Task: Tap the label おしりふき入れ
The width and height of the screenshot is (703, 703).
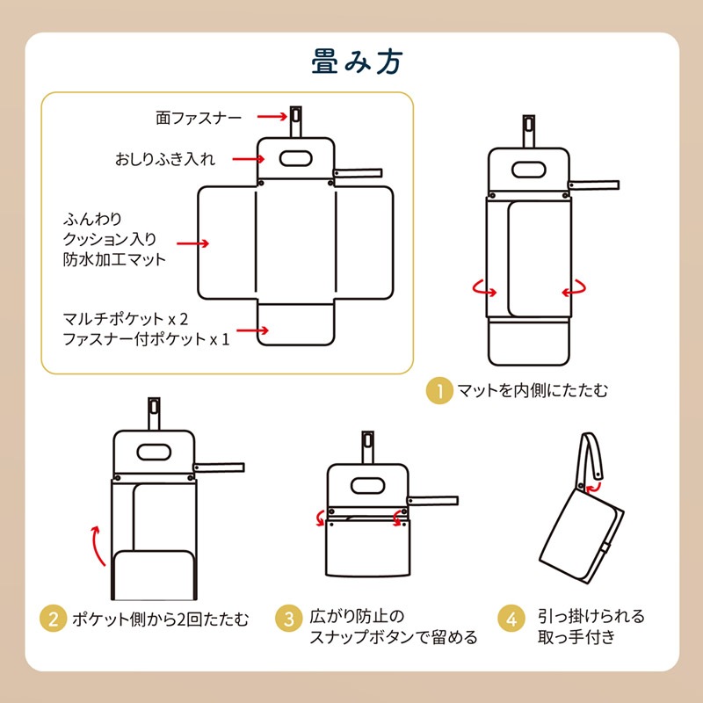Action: coord(165,160)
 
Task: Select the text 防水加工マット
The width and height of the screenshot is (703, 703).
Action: coord(114,259)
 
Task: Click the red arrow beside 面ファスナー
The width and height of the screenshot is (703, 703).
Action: coord(270,116)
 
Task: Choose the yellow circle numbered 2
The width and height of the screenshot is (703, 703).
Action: coord(53,619)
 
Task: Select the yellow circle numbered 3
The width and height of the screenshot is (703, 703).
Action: coord(287,619)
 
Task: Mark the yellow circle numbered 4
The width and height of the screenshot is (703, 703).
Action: coord(511,619)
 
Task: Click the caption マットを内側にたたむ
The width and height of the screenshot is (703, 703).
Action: coord(533,390)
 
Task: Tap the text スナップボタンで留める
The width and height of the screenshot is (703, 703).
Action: coord(393,637)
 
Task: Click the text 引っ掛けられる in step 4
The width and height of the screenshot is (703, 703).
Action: coord(591,615)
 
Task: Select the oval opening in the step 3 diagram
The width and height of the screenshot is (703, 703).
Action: coord(366,484)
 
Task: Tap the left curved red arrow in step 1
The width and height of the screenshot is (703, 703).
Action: coord(482,288)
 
